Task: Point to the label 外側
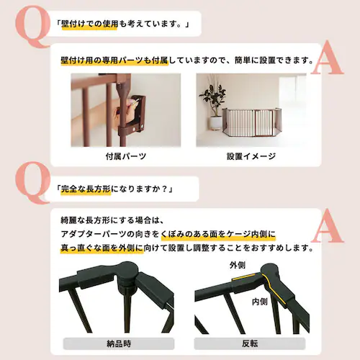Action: coord(238,266)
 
